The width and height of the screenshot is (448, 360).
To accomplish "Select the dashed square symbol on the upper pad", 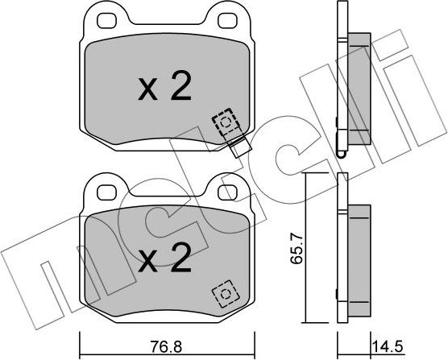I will click(225, 122).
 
